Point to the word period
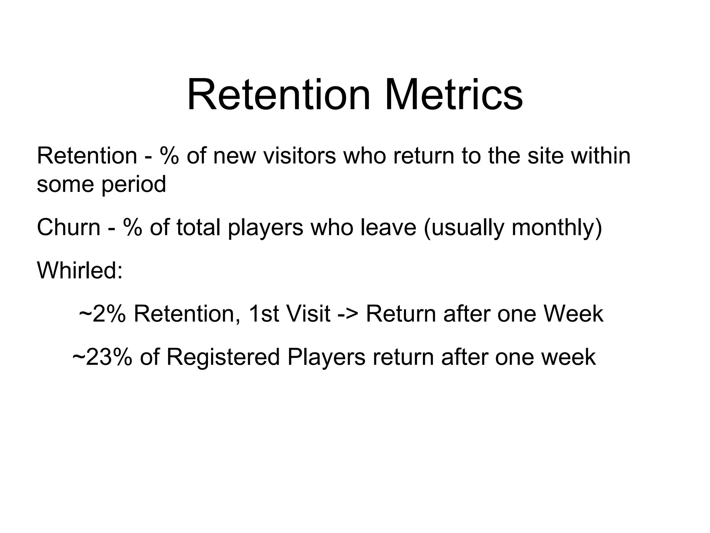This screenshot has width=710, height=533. pyautogui.click(x=133, y=185)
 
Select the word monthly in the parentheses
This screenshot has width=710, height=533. pyautogui.click(x=556, y=228)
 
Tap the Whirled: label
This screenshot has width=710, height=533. pyautogui.click(x=80, y=270)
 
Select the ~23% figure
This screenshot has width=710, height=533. pyautogui.click(x=102, y=357)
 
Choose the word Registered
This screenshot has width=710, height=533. pyautogui.click(x=223, y=358)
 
